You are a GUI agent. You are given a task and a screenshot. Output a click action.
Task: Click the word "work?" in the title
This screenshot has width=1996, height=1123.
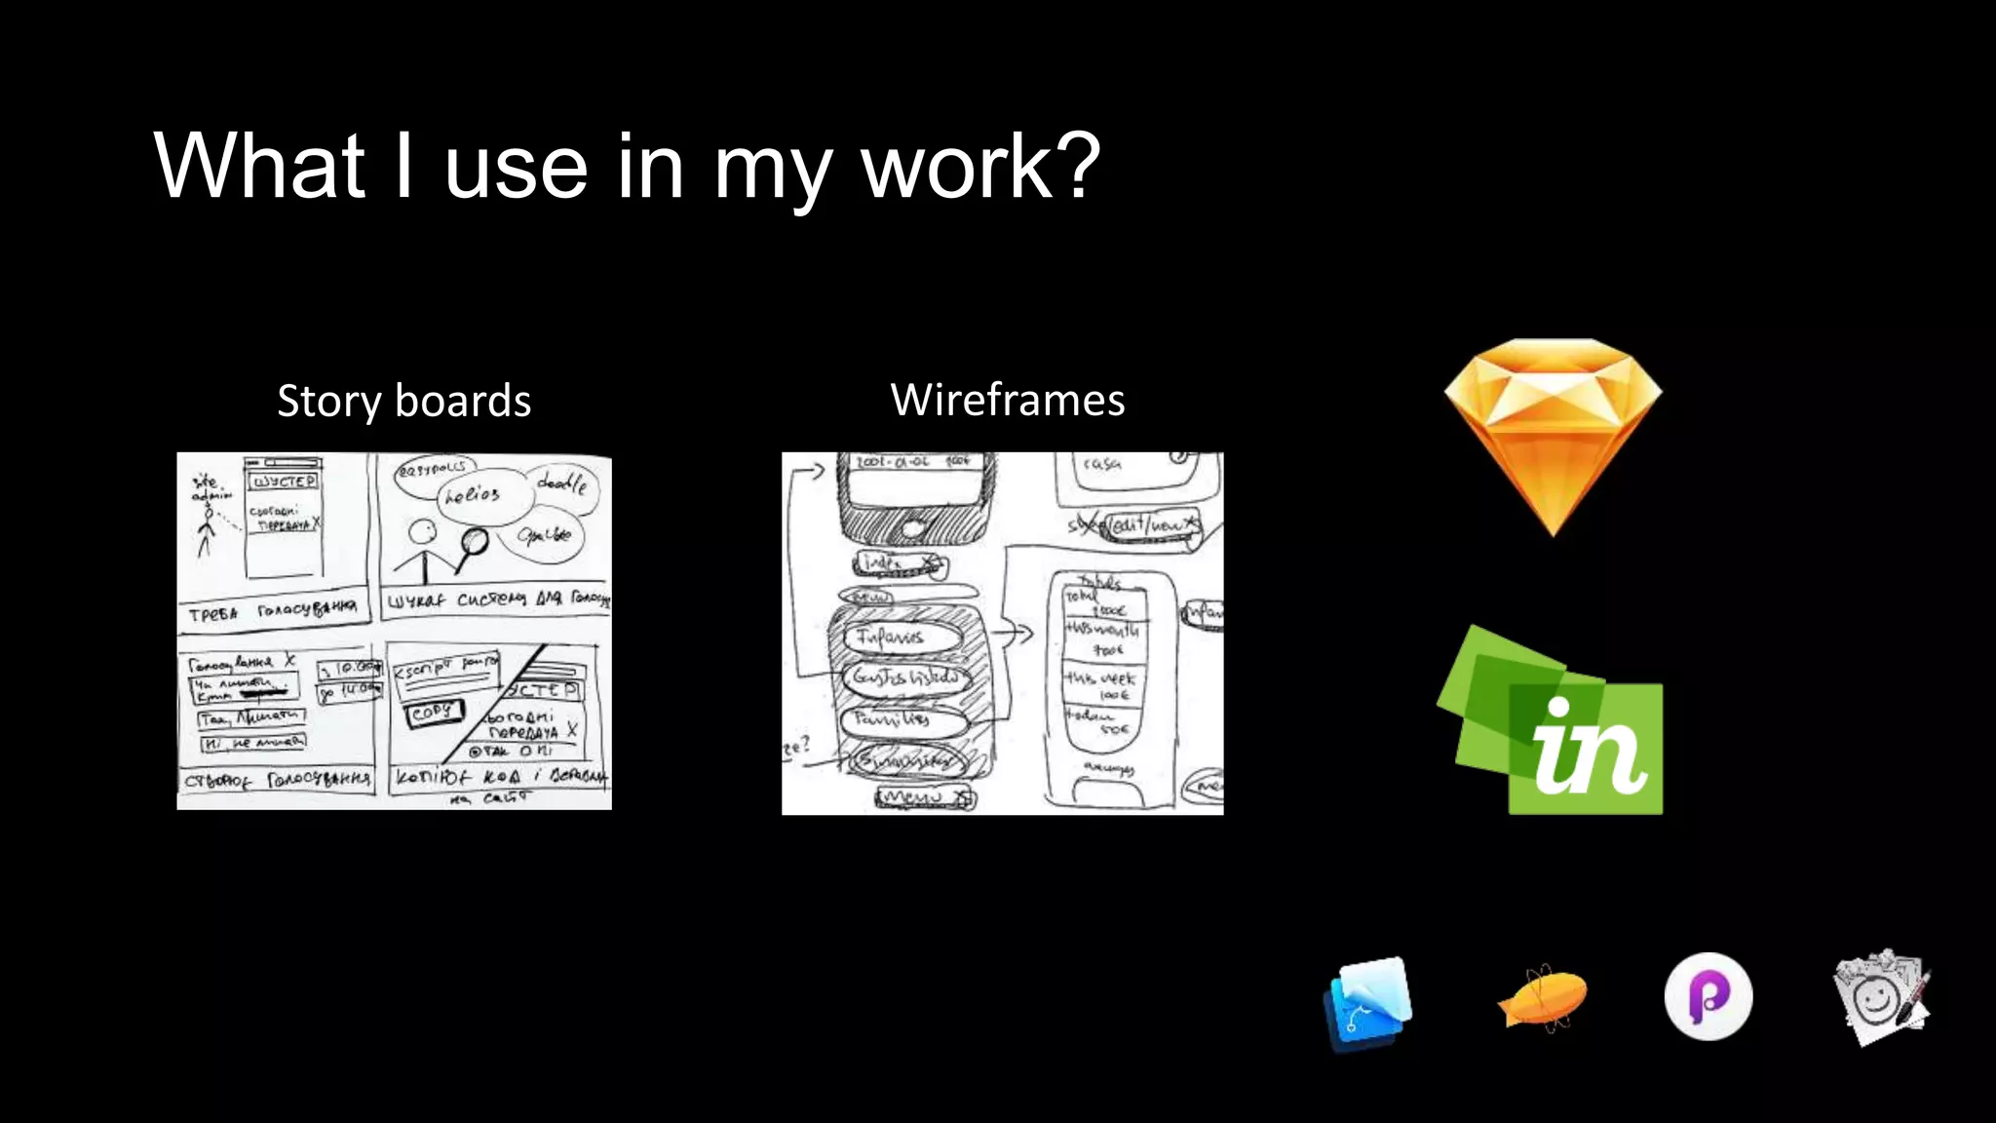979,167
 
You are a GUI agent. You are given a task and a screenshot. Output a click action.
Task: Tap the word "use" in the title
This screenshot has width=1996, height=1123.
516,167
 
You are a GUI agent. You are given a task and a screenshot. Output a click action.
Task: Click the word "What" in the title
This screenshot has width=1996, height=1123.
259,167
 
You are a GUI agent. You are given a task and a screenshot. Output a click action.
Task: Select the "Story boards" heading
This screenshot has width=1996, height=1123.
403,401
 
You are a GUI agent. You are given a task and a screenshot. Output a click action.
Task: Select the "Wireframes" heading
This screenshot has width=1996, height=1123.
1008,400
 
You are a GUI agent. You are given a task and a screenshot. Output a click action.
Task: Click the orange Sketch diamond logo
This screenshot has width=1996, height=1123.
1554,435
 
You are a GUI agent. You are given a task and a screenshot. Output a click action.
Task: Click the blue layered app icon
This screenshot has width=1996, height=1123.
1368,1003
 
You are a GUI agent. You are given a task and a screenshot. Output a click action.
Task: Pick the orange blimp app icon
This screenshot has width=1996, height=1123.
1541,997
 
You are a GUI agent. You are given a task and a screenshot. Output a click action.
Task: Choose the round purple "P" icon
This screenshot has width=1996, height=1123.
1708,996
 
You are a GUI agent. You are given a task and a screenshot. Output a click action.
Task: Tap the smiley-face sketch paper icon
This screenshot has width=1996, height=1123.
1880,997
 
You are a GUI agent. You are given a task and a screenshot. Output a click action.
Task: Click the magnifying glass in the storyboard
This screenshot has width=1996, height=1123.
475,541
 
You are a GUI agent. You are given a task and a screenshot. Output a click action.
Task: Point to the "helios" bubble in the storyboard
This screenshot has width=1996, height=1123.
473,495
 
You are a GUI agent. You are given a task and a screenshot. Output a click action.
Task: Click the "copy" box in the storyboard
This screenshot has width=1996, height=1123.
433,713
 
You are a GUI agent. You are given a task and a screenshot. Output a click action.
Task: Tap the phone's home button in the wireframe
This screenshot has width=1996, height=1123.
912,528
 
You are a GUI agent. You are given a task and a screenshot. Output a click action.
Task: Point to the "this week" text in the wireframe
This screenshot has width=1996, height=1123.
1100,678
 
